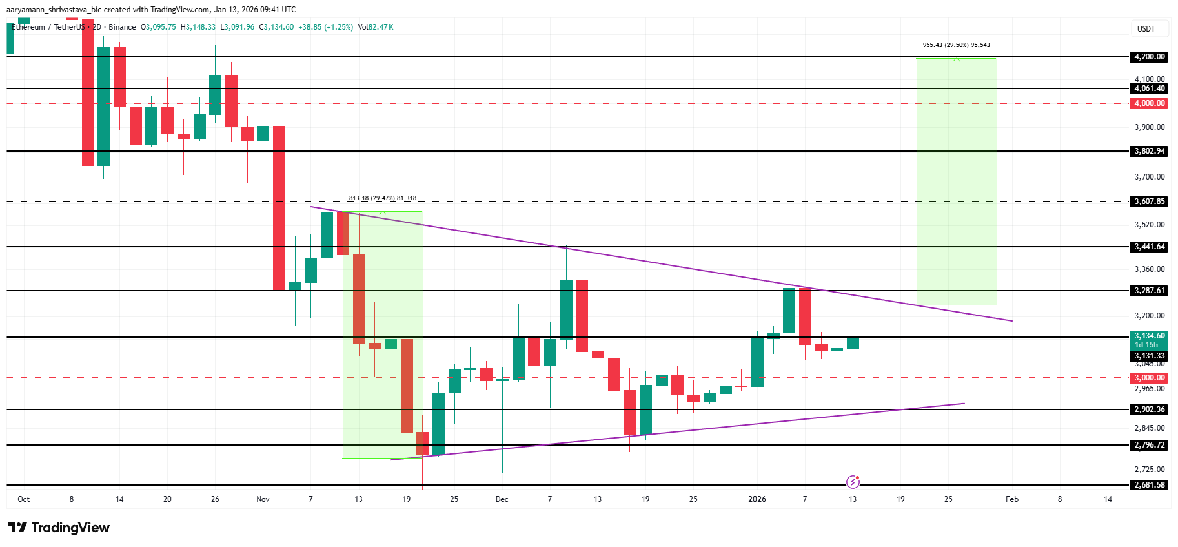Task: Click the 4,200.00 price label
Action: point(1150,57)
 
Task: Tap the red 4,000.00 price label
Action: point(1150,103)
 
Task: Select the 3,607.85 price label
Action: point(1150,201)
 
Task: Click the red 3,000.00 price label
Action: point(1150,378)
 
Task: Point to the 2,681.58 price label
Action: point(1150,485)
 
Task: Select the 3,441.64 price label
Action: point(1150,247)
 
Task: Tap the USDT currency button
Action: point(1146,29)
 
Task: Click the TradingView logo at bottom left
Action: point(59,528)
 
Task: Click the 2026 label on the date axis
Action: point(757,499)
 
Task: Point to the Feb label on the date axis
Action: point(1011,499)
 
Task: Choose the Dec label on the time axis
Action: point(502,499)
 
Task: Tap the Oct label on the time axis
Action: point(24,499)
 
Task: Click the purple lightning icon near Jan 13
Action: point(853,482)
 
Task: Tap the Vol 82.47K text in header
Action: point(376,27)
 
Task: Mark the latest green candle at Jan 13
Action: point(853,342)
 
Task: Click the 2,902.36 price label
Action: point(1150,409)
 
